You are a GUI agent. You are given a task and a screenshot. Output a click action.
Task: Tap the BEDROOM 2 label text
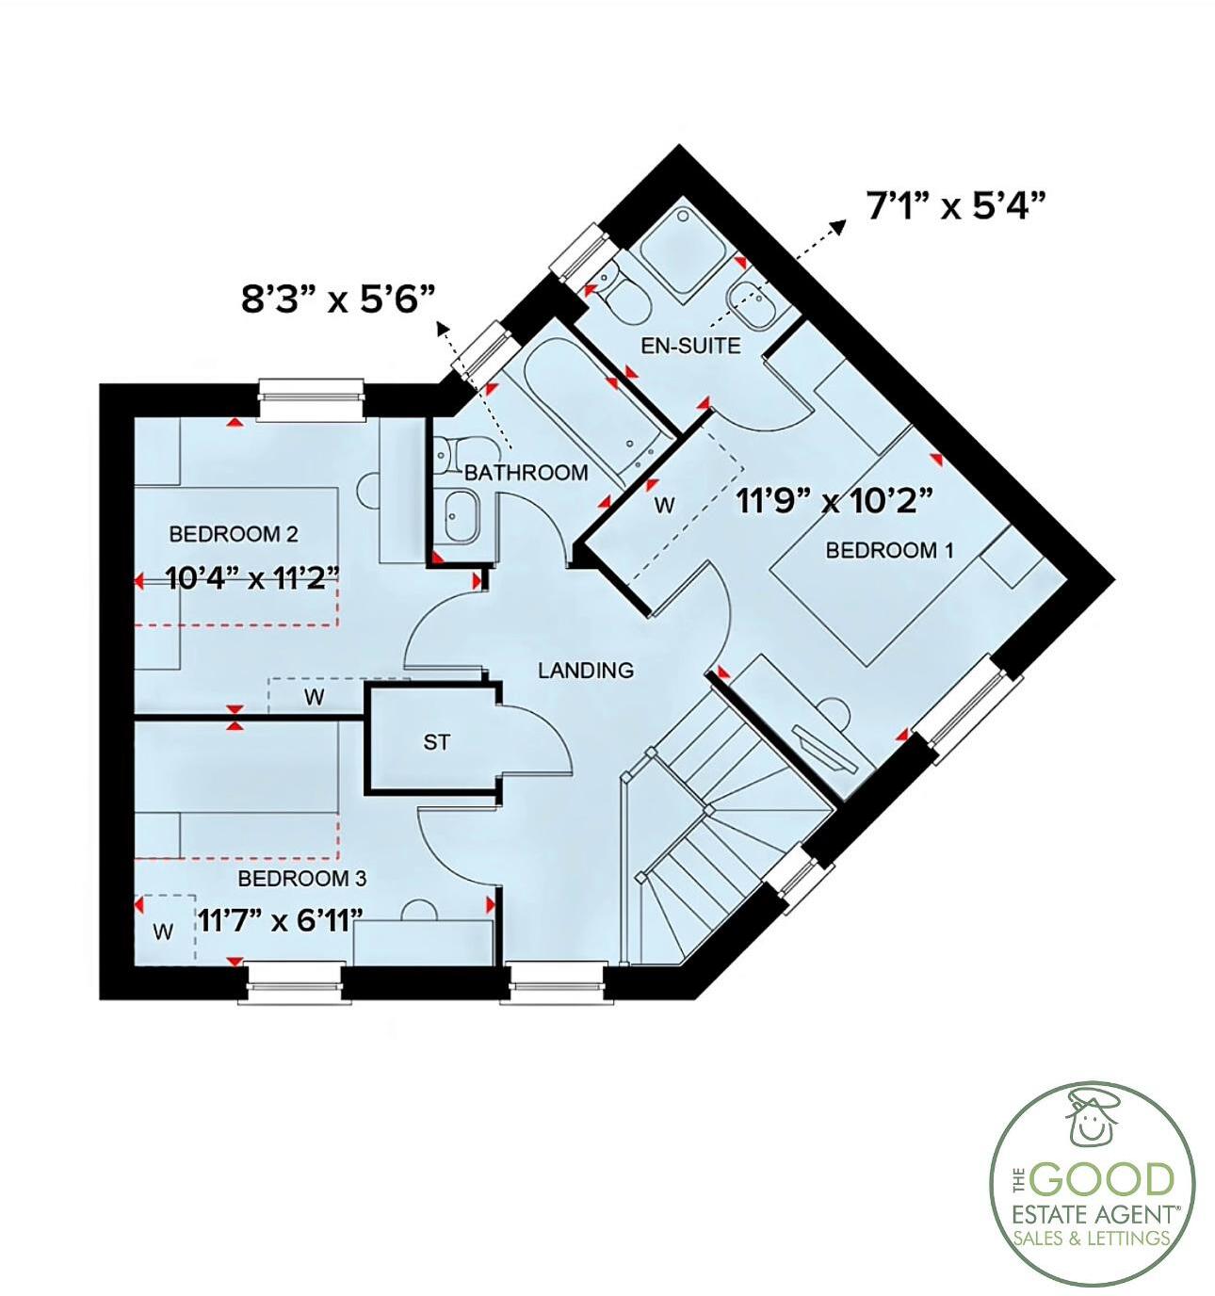[234, 535]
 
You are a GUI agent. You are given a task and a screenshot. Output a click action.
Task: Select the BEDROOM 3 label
[302, 879]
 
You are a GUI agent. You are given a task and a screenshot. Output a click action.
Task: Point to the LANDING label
[586, 671]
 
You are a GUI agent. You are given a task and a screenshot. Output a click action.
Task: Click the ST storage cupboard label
[436, 743]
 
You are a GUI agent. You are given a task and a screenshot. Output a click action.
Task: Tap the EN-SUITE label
[690, 346]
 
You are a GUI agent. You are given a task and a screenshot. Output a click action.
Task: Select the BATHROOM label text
[526, 472]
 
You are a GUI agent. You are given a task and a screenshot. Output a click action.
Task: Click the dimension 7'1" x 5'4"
[957, 205]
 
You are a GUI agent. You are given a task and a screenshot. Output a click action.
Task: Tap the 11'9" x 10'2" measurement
[834, 500]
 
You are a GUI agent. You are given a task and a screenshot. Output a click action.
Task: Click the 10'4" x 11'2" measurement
[251, 576]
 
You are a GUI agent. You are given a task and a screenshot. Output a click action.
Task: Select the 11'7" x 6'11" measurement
[281, 919]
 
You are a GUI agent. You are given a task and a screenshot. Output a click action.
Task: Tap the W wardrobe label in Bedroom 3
[164, 932]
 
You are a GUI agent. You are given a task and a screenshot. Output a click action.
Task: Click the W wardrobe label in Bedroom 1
[665, 506]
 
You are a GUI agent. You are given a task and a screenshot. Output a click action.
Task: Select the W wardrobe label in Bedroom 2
[315, 697]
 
